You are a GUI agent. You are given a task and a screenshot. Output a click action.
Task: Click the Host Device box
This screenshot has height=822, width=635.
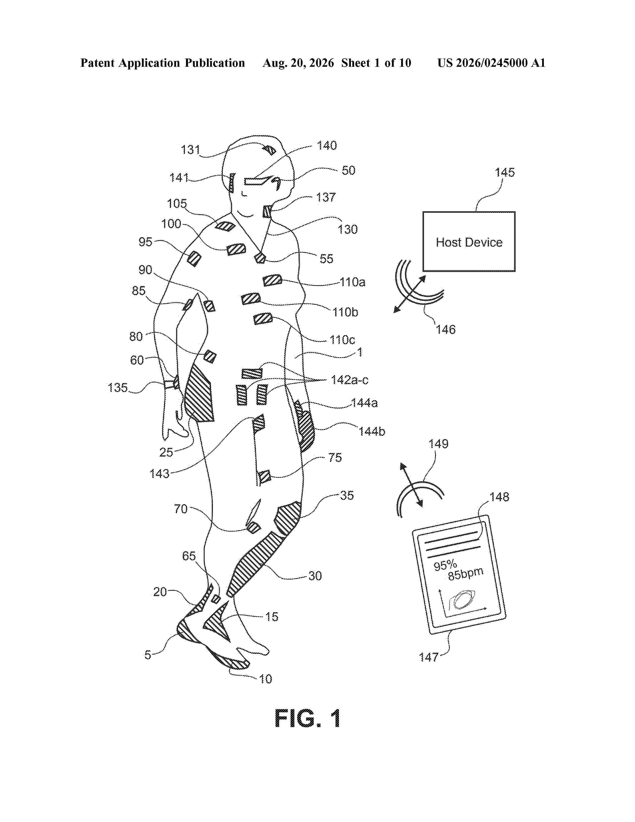469,241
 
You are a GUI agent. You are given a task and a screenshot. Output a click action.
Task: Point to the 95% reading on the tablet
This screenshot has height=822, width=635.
445,565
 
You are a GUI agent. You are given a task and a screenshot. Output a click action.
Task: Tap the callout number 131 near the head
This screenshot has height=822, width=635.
190,150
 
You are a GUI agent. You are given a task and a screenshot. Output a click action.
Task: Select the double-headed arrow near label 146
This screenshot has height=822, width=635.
410,294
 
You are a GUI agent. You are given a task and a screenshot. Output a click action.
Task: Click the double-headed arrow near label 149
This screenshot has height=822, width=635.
411,485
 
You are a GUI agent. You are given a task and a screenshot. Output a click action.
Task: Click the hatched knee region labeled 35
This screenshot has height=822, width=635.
287,518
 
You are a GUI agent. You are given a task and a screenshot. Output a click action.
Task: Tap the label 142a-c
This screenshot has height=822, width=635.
349,380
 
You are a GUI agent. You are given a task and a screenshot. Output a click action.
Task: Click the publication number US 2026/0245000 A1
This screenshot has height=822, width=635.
491,63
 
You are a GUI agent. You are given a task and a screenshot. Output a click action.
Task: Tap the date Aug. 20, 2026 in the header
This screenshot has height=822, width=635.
298,63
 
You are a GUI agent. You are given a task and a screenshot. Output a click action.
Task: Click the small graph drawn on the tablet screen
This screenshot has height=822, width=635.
463,602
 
